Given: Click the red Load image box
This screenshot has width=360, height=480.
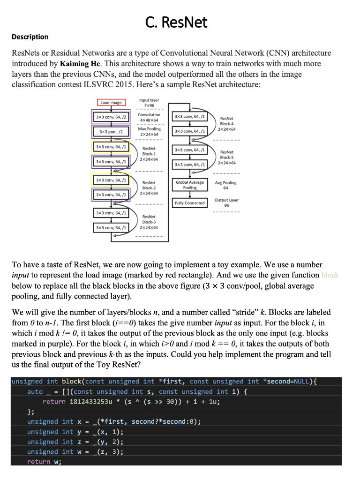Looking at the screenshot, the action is [x=111, y=102].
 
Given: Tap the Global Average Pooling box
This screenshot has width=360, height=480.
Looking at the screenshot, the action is [x=190, y=185].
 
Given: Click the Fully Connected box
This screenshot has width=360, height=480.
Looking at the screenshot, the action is [x=190, y=203].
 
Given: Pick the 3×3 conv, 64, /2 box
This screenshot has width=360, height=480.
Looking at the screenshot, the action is [x=111, y=116].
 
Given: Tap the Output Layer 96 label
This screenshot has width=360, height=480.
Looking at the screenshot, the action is [x=227, y=202].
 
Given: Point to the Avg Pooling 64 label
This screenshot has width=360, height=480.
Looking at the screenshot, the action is [x=227, y=186].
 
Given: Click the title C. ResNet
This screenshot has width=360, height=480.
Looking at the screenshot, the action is [x=176, y=22].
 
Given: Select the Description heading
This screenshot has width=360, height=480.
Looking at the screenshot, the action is [x=30, y=37].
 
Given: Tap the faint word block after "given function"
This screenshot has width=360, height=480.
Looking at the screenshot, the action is [x=330, y=275].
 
